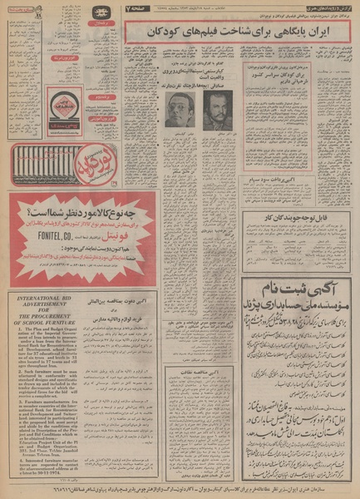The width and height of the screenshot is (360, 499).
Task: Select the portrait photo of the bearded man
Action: [217, 109]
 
